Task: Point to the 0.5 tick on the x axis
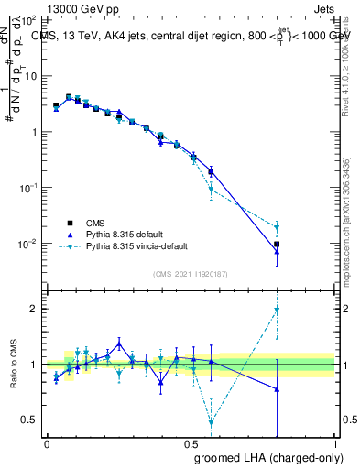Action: (191, 443)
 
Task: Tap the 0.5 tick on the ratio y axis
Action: (31, 420)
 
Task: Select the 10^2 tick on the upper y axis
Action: (29, 19)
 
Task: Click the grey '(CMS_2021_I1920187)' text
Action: (191, 273)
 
